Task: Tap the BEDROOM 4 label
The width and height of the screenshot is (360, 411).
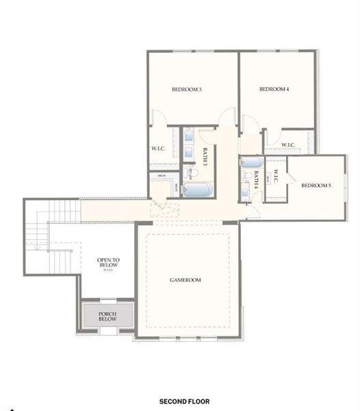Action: pyautogui.click(x=274, y=90)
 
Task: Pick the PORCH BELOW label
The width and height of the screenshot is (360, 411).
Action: pyautogui.click(x=107, y=316)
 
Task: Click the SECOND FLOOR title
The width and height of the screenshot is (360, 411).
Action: pyautogui.click(x=184, y=401)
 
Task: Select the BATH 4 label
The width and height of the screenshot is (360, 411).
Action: pyautogui.click(x=257, y=179)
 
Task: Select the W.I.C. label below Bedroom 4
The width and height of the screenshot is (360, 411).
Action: pyautogui.click(x=288, y=145)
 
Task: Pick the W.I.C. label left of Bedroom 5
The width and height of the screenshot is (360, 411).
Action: pyautogui.click(x=277, y=179)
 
